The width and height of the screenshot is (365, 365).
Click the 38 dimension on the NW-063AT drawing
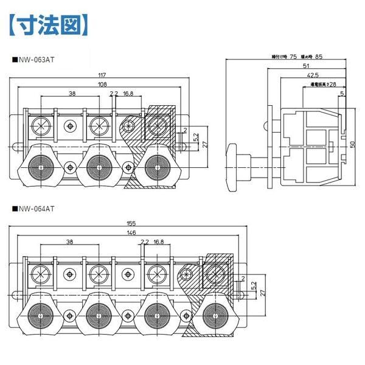click(x=72, y=94)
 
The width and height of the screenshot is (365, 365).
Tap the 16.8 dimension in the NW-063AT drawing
click(x=128, y=94)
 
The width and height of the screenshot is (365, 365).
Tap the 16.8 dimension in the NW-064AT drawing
click(x=159, y=242)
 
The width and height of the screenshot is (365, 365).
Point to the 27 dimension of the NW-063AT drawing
click(x=205, y=145)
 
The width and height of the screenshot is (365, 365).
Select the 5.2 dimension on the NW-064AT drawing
click(x=253, y=285)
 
